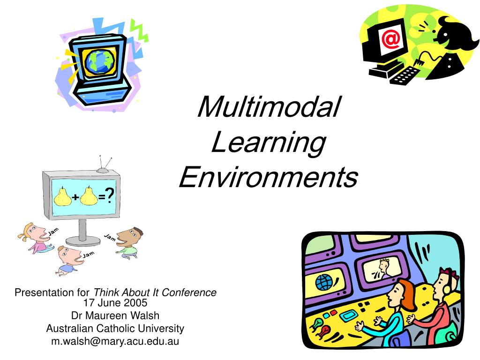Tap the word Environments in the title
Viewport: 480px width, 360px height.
click(x=269, y=178)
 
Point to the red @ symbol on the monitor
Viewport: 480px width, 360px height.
click(x=390, y=39)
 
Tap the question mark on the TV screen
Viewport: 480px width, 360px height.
click(x=110, y=195)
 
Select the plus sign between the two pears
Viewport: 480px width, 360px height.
click(x=75, y=198)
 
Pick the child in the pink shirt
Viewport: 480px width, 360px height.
click(x=35, y=238)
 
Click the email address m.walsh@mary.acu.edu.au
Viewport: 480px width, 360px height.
click(x=115, y=341)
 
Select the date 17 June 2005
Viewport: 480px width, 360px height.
click(x=115, y=303)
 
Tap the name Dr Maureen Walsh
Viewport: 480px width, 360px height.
click(x=115, y=315)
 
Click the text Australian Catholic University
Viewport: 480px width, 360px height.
click(x=115, y=328)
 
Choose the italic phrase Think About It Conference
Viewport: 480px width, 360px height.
click(x=155, y=292)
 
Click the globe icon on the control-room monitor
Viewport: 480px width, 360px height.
click(x=323, y=282)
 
